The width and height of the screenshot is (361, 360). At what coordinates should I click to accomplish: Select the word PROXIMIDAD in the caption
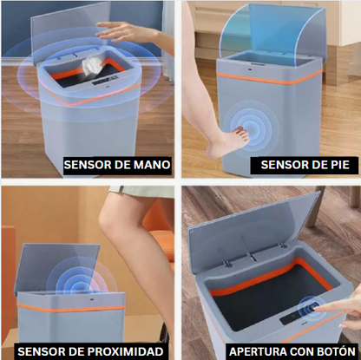[125, 351]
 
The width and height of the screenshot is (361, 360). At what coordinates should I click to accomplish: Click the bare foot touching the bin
[228, 141]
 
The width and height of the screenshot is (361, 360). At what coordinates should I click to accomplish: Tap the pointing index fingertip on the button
[315, 309]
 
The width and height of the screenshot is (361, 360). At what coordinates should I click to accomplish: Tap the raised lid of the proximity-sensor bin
[58, 267]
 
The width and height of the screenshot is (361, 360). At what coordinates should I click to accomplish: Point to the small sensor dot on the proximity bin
[93, 298]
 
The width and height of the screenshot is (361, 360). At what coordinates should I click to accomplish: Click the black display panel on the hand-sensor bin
[105, 80]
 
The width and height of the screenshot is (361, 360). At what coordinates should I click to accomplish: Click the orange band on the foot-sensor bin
[269, 79]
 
